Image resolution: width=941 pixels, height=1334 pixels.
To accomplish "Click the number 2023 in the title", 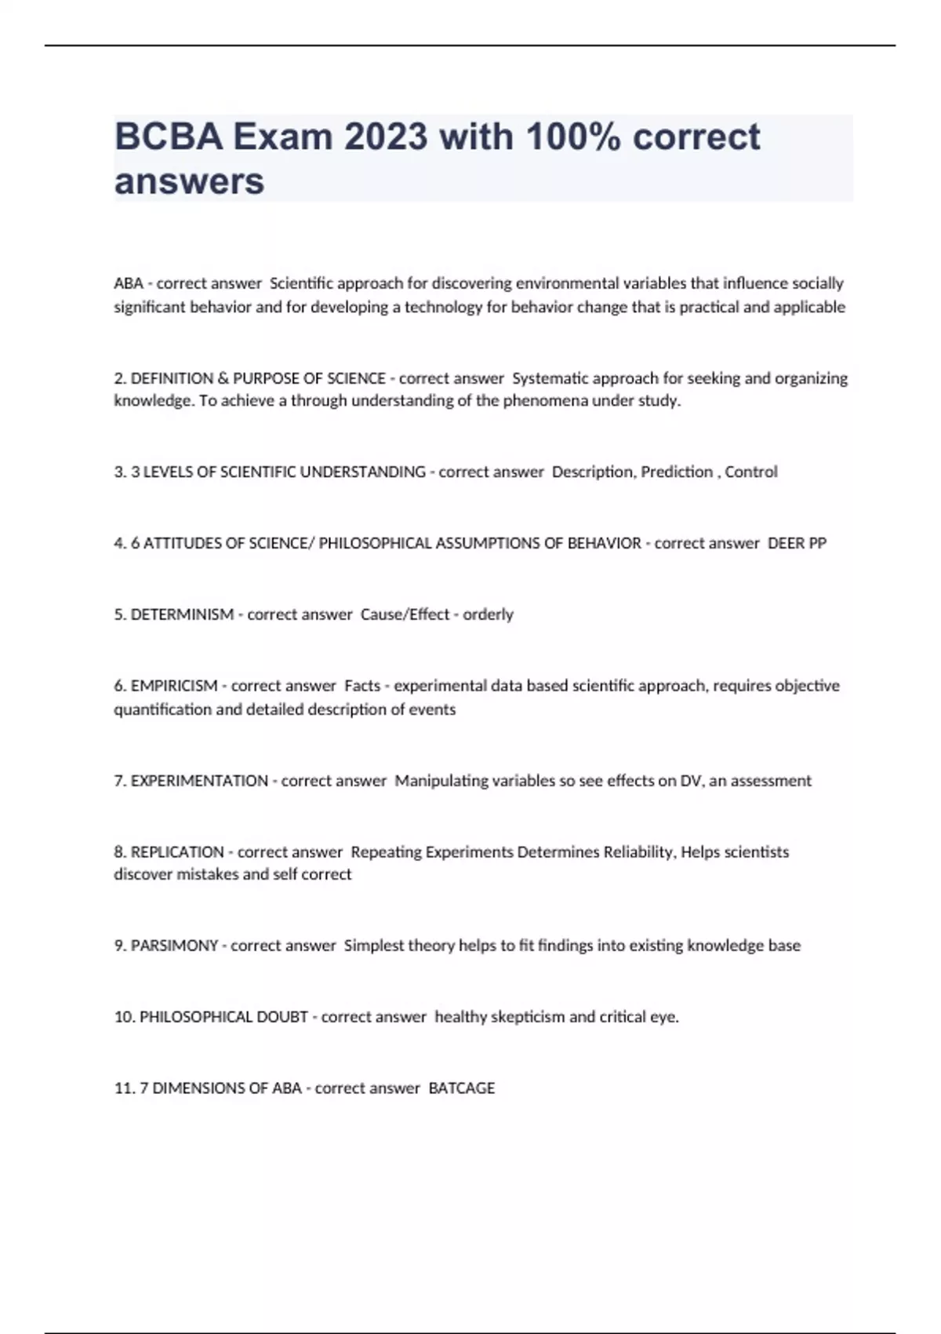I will coord(386,137).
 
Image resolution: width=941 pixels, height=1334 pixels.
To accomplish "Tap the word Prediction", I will coord(677,472).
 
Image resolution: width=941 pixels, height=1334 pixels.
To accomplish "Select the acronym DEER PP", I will coord(797,543).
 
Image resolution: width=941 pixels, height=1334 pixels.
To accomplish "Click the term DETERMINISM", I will coord(182,614).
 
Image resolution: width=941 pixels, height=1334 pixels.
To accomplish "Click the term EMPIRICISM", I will coord(174,686).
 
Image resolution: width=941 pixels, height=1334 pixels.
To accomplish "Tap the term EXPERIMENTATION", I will coord(199,781).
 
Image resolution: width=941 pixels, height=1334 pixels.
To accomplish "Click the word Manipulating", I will coord(441,781).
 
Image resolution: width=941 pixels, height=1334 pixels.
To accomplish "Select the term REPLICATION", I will coord(177,852).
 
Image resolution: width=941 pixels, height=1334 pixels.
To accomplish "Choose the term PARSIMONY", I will coord(174,946).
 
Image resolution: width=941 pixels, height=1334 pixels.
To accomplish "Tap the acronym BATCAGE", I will coord(462,1088).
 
